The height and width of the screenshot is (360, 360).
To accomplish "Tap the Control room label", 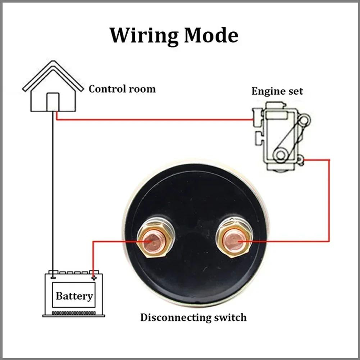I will tap(122, 89).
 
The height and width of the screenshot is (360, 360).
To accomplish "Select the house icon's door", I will tap(53, 102).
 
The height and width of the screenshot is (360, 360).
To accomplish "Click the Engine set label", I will tap(277, 91).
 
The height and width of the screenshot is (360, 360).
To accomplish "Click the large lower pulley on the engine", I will tap(280, 155).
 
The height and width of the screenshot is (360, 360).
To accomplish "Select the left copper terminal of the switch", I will tap(154, 241).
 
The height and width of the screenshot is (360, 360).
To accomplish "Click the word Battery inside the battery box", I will tap(74, 296).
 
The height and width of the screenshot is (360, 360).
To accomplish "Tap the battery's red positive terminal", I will tap(94, 277).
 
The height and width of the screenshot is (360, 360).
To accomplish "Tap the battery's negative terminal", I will tap(53, 277).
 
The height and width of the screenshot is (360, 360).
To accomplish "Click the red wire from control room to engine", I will tap(155, 120).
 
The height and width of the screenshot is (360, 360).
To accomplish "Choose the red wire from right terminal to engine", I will tap(329, 201).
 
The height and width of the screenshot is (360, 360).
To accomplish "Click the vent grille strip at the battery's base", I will tap(74, 313).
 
